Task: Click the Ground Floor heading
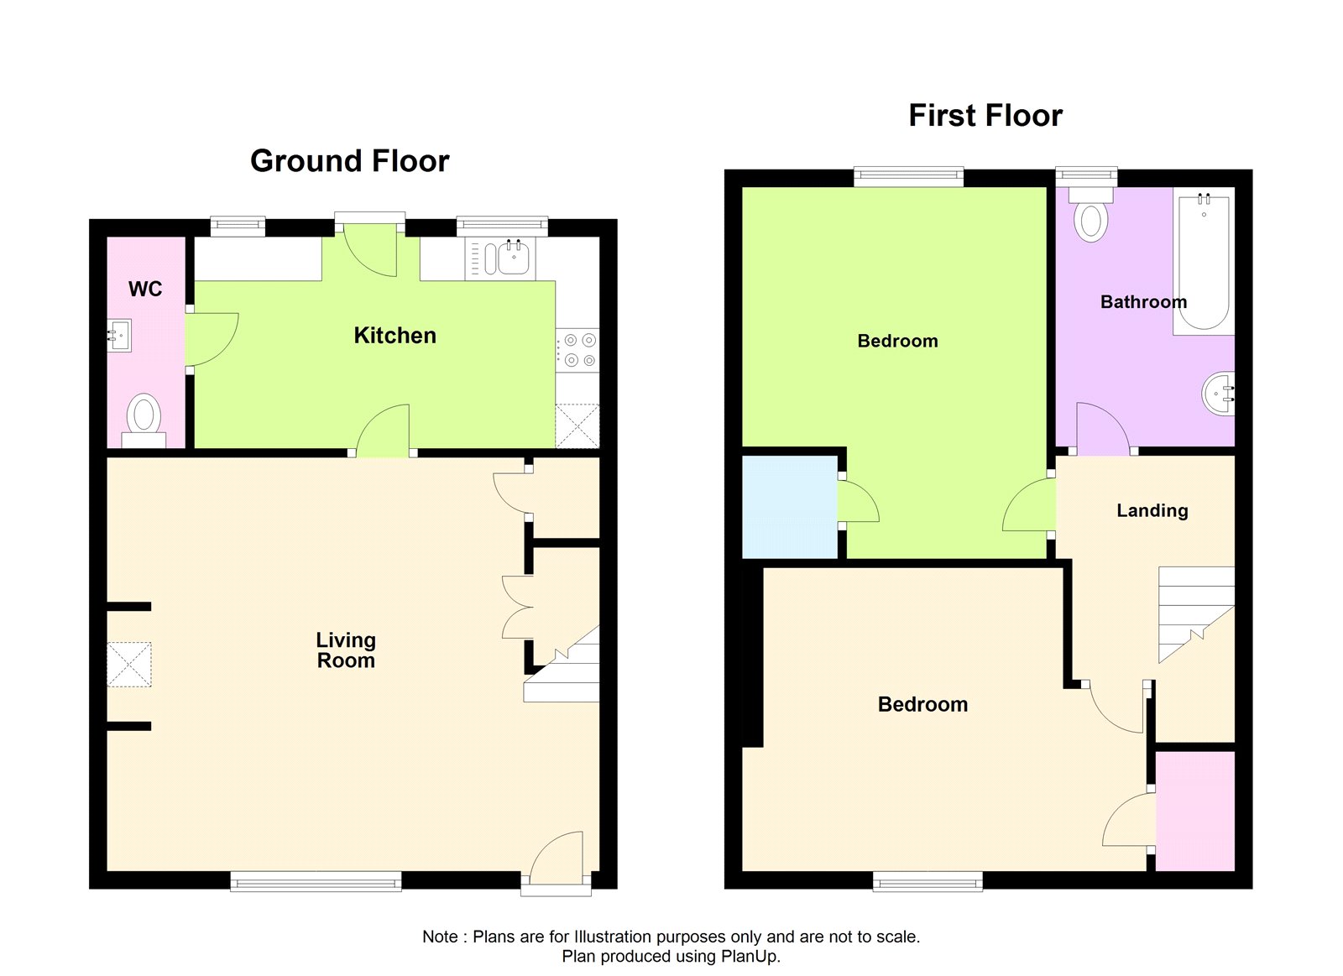(349, 161)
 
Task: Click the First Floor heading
(985, 116)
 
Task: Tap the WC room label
(145, 290)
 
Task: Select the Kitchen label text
(395, 336)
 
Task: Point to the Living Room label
(346, 650)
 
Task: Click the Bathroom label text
(1143, 302)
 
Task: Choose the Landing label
(1152, 510)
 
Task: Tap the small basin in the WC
(119, 336)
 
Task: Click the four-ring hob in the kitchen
(578, 350)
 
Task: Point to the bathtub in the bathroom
(1204, 262)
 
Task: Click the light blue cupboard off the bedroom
(789, 507)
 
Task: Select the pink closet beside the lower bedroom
(1194, 811)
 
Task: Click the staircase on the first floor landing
(1194, 613)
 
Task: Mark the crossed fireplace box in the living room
(129, 665)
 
